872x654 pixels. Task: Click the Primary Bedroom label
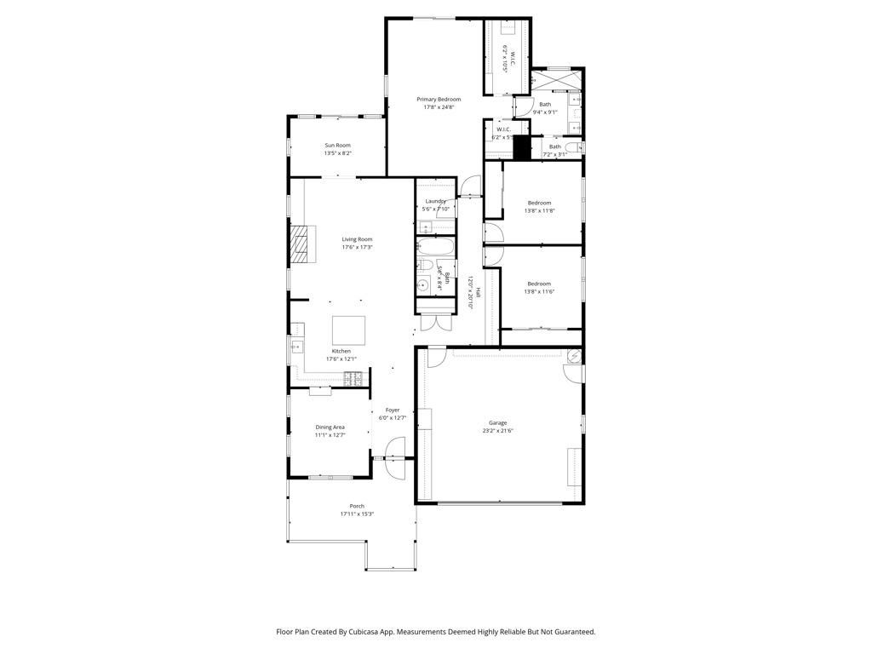click(439, 100)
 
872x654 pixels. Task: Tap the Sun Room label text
click(337, 146)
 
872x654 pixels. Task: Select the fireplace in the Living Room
click(301, 244)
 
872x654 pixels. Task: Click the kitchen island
click(348, 328)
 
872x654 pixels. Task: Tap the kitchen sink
click(297, 347)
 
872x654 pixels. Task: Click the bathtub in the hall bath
click(436, 248)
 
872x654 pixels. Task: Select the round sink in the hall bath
click(422, 285)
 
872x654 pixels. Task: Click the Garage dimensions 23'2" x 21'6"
click(498, 431)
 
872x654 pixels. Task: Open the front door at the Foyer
click(394, 450)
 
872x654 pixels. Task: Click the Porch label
click(357, 506)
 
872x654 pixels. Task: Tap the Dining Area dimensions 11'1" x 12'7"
click(330, 435)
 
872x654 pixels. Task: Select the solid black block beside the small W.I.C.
click(522, 146)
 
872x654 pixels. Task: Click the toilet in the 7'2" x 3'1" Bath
click(572, 147)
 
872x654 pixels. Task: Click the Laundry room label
click(435, 202)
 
